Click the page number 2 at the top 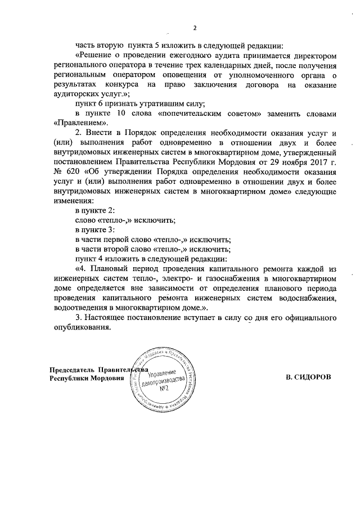(x=195, y=29)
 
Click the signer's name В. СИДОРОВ (x=309, y=379)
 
